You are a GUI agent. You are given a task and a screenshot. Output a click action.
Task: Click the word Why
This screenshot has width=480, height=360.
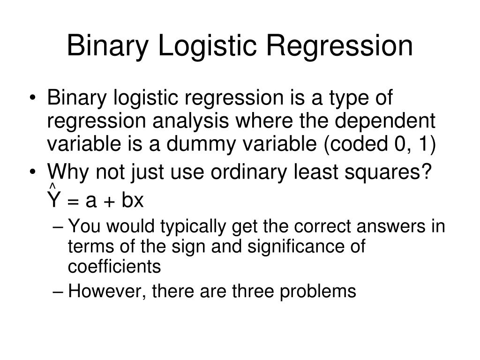tap(68, 173)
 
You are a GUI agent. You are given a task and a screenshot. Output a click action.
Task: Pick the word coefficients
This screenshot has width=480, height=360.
tap(114, 267)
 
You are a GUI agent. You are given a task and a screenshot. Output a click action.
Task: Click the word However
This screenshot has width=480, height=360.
tap(100, 292)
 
